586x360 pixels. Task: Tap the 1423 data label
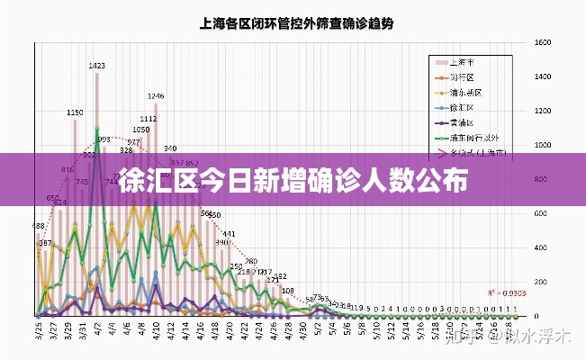coord(97,66)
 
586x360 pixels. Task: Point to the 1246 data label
coord(156,96)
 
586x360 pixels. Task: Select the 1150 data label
coord(75,112)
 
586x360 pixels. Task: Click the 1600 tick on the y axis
coord(542,42)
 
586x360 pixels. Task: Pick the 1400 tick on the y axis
coord(542,76)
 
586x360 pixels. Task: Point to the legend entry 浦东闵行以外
coord(475,138)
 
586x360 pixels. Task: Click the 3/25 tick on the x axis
coord(39,331)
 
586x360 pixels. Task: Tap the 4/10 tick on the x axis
coord(157,331)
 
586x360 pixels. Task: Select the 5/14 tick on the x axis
coord(407,331)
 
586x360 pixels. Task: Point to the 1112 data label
coord(149,119)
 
